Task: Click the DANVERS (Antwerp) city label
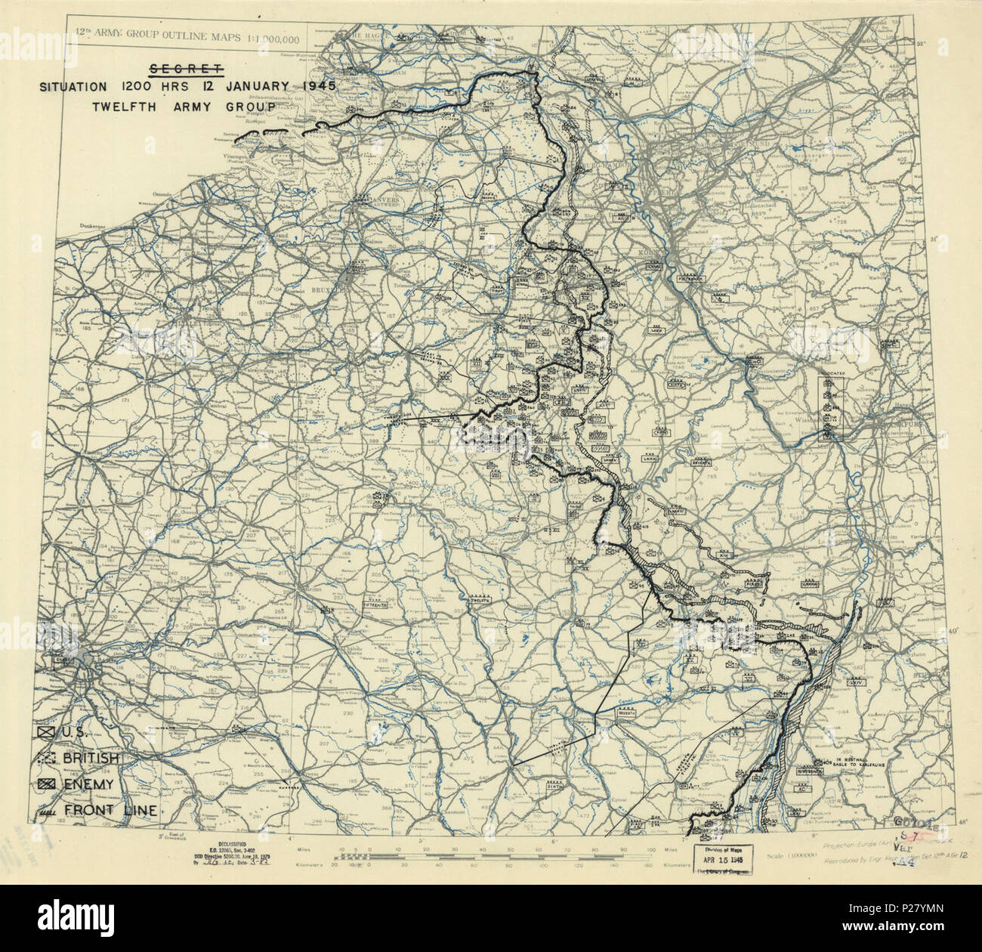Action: point(380,200)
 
